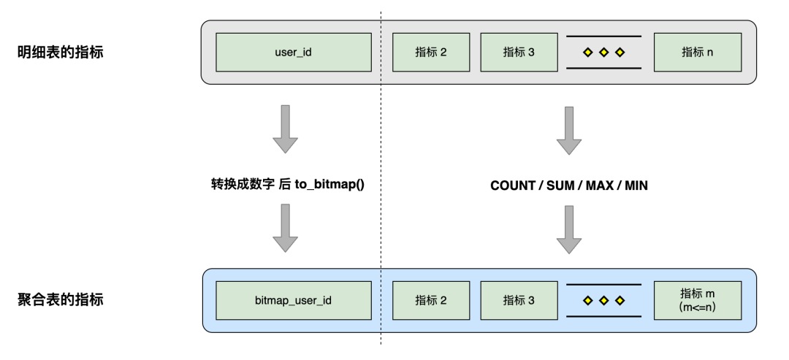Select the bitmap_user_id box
[x=290, y=300]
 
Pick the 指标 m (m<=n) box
[x=697, y=300]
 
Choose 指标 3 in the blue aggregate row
[x=518, y=300]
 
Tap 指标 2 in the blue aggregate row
[x=430, y=300]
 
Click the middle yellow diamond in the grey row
[x=603, y=53]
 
